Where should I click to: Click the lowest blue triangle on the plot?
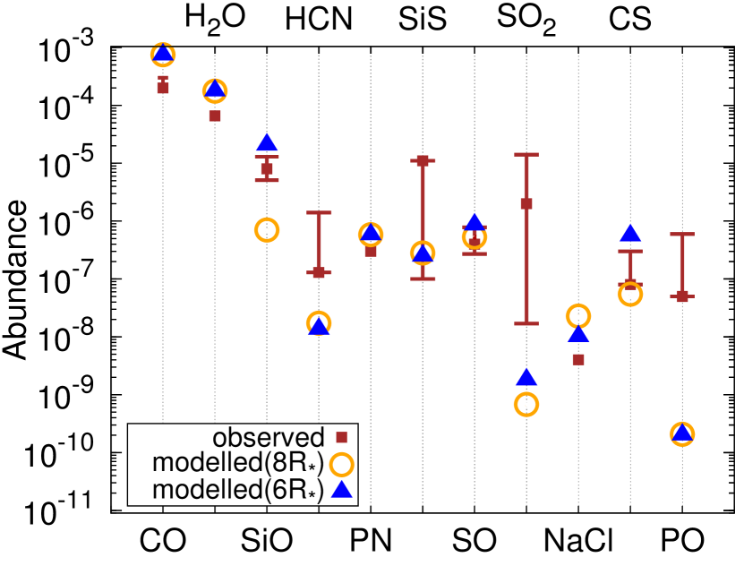tap(341, 489)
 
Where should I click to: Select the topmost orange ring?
tap(163, 55)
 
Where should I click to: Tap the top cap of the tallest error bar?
tap(526, 154)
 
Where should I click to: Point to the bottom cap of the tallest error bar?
tap(526, 323)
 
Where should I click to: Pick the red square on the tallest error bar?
tap(526, 203)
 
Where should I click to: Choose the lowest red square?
tap(341, 437)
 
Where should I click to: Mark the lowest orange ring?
tap(341, 465)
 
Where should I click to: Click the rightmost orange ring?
tap(682, 434)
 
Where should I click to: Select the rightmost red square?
tap(682, 296)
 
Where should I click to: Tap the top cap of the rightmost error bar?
tap(682, 235)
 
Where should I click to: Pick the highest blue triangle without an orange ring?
tap(267, 142)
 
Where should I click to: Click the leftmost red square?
tap(163, 88)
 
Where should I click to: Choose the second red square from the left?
tap(215, 116)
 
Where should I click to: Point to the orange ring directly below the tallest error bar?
tap(526, 404)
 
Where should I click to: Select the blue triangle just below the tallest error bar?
tap(526, 377)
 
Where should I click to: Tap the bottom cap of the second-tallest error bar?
tap(423, 279)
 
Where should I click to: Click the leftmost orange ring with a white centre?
tap(267, 230)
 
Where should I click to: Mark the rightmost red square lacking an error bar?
tap(578, 359)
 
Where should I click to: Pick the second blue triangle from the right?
tap(630, 233)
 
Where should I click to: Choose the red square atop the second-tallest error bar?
tap(423, 161)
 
